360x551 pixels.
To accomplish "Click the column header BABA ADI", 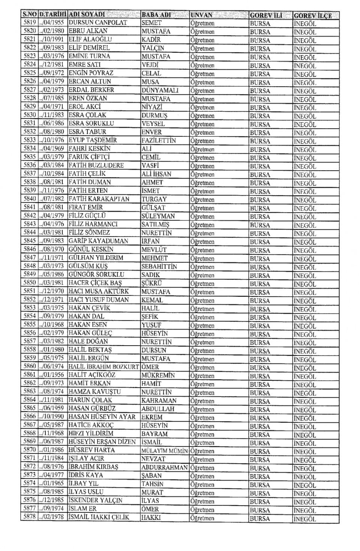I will click(x=156, y=15).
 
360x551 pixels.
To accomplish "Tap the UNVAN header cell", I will click(x=201, y=15).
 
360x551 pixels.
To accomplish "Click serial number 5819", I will click(x=29, y=22).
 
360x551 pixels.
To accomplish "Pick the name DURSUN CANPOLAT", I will click(x=98, y=22).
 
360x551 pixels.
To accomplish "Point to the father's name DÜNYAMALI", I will click(x=160, y=90).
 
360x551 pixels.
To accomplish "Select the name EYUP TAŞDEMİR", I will click(x=93, y=140).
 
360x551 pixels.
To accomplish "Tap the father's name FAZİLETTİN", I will click(x=159, y=141).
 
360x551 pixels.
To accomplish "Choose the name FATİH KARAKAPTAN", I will click(x=99, y=199).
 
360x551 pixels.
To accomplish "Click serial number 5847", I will click(x=29, y=258).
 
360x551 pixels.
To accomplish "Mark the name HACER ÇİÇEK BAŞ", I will click(x=95, y=283).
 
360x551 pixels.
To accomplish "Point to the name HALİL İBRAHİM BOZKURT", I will click(x=103, y=367).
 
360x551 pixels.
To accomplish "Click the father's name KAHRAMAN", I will click(x=159, y=400).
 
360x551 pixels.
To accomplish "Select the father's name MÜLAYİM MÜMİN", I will click(x=164, y=451).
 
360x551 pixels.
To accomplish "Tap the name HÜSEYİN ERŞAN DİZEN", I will click(x=102, y=442).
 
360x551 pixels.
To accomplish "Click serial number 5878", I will click(x=29, y=517).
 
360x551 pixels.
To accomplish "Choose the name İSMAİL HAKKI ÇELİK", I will click(x=99, y=517).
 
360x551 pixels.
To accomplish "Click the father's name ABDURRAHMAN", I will click(x=164, y=467).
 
